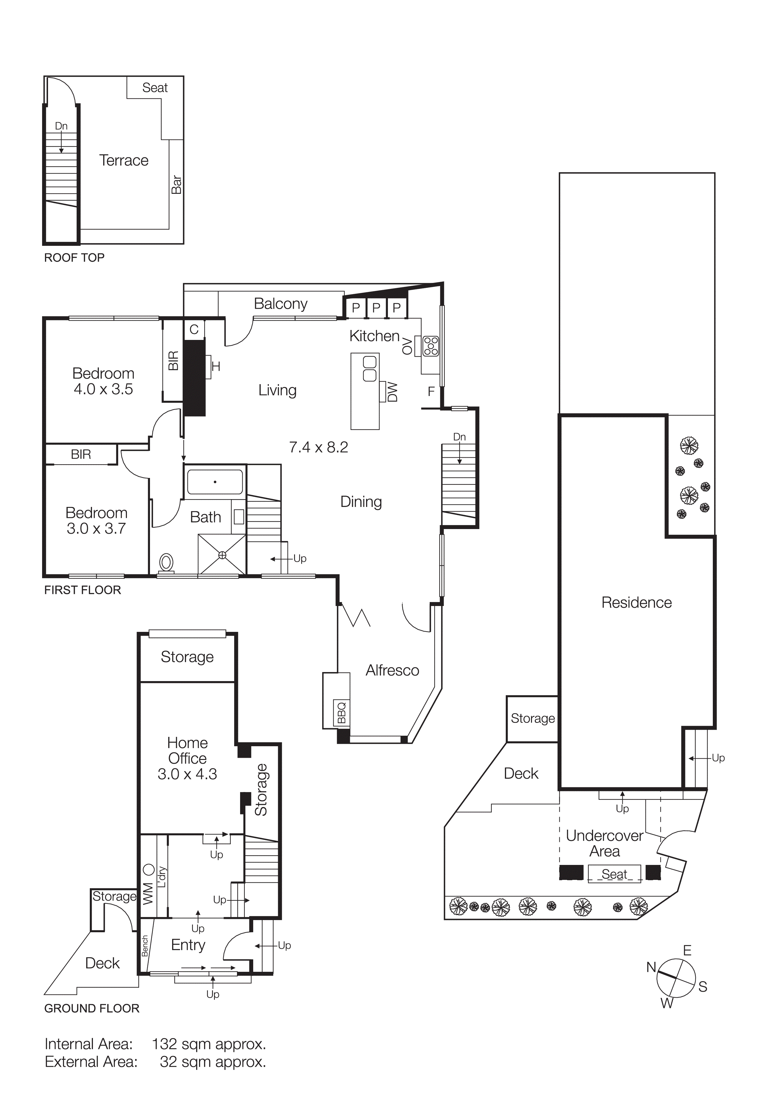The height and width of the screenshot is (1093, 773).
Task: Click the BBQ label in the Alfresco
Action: click(341, 713)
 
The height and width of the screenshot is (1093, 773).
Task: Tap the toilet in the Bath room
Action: click(166, 562)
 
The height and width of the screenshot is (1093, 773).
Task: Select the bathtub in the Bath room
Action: click(215, 482)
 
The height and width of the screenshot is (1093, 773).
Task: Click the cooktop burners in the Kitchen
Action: click(431, 346)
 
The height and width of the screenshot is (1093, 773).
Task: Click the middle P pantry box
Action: click(376, 308)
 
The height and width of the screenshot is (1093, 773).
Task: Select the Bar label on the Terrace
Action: click(176, 184)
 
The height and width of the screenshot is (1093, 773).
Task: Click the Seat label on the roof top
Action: click(155, 88)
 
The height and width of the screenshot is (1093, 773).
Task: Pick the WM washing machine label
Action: click(148, 893)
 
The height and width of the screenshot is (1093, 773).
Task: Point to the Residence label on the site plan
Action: click(636, 603)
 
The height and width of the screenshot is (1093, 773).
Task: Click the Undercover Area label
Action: click(604, 843)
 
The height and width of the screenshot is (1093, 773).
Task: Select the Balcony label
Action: click(281, 304)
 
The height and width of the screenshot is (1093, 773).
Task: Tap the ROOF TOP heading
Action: click(74, 258)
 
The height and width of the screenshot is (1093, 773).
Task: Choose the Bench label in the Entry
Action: click(145, 946)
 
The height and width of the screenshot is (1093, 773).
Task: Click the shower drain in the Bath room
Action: click(222, 555)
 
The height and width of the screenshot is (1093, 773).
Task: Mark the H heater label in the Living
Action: click(216, 366)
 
